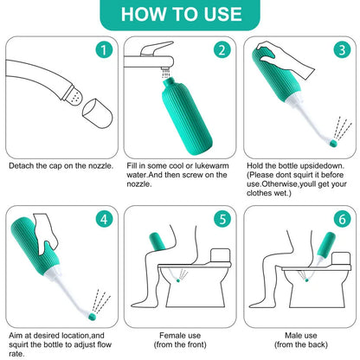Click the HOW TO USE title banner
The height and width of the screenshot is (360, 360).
[179, 15]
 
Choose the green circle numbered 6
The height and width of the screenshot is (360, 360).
[339, 217]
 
